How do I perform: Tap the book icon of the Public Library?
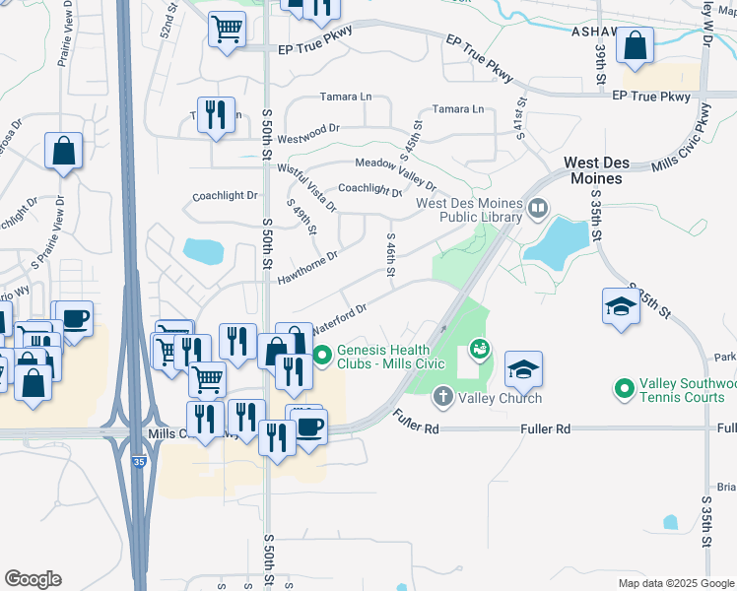tap(538, 207)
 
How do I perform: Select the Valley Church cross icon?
tap(443, 397)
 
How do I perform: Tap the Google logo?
tap(33, 579)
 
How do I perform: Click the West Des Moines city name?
tap(593, 170)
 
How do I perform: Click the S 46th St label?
tap(391, 255)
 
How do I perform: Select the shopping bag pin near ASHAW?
tap(636, 45)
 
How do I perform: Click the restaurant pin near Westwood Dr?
tap(215, 114)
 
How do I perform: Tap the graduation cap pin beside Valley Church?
tap(523, 369)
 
